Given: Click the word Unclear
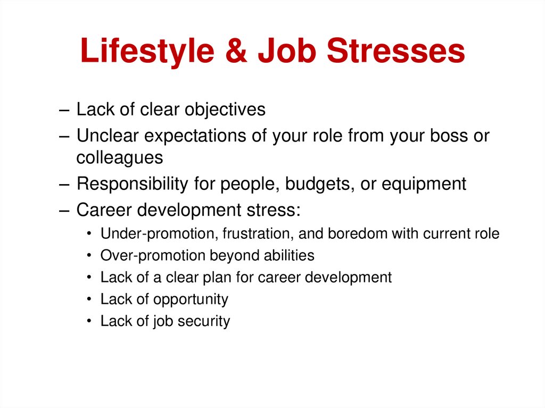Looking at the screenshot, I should coord(108,136).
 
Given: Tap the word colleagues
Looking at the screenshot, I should coord(120,158).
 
